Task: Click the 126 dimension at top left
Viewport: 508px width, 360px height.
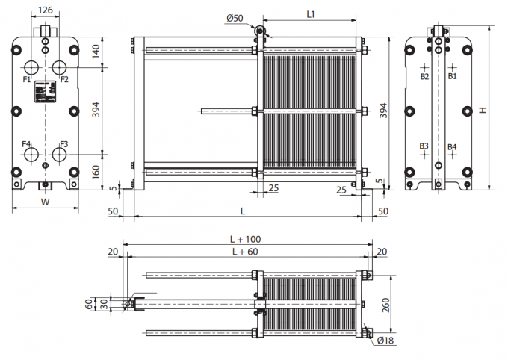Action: click(46, 10)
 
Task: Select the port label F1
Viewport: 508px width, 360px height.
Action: click(26, 79)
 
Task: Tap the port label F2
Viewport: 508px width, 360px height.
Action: click(64, 79)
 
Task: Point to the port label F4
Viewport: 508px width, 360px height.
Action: click(26, 143)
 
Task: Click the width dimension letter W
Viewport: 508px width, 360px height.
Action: click(45, 201)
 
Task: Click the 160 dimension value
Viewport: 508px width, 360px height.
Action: click(96, 172)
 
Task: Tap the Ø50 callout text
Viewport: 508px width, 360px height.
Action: click(235, 17)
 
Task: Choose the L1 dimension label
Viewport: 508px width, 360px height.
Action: click(311, 14)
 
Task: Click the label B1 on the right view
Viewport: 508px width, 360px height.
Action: click(452, 76)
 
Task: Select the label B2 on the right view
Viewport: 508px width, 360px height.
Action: click(424, 76)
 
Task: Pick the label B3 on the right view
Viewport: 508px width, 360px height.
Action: click(424, 146)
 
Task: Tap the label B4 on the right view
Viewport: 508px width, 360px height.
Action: click(452, 146)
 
